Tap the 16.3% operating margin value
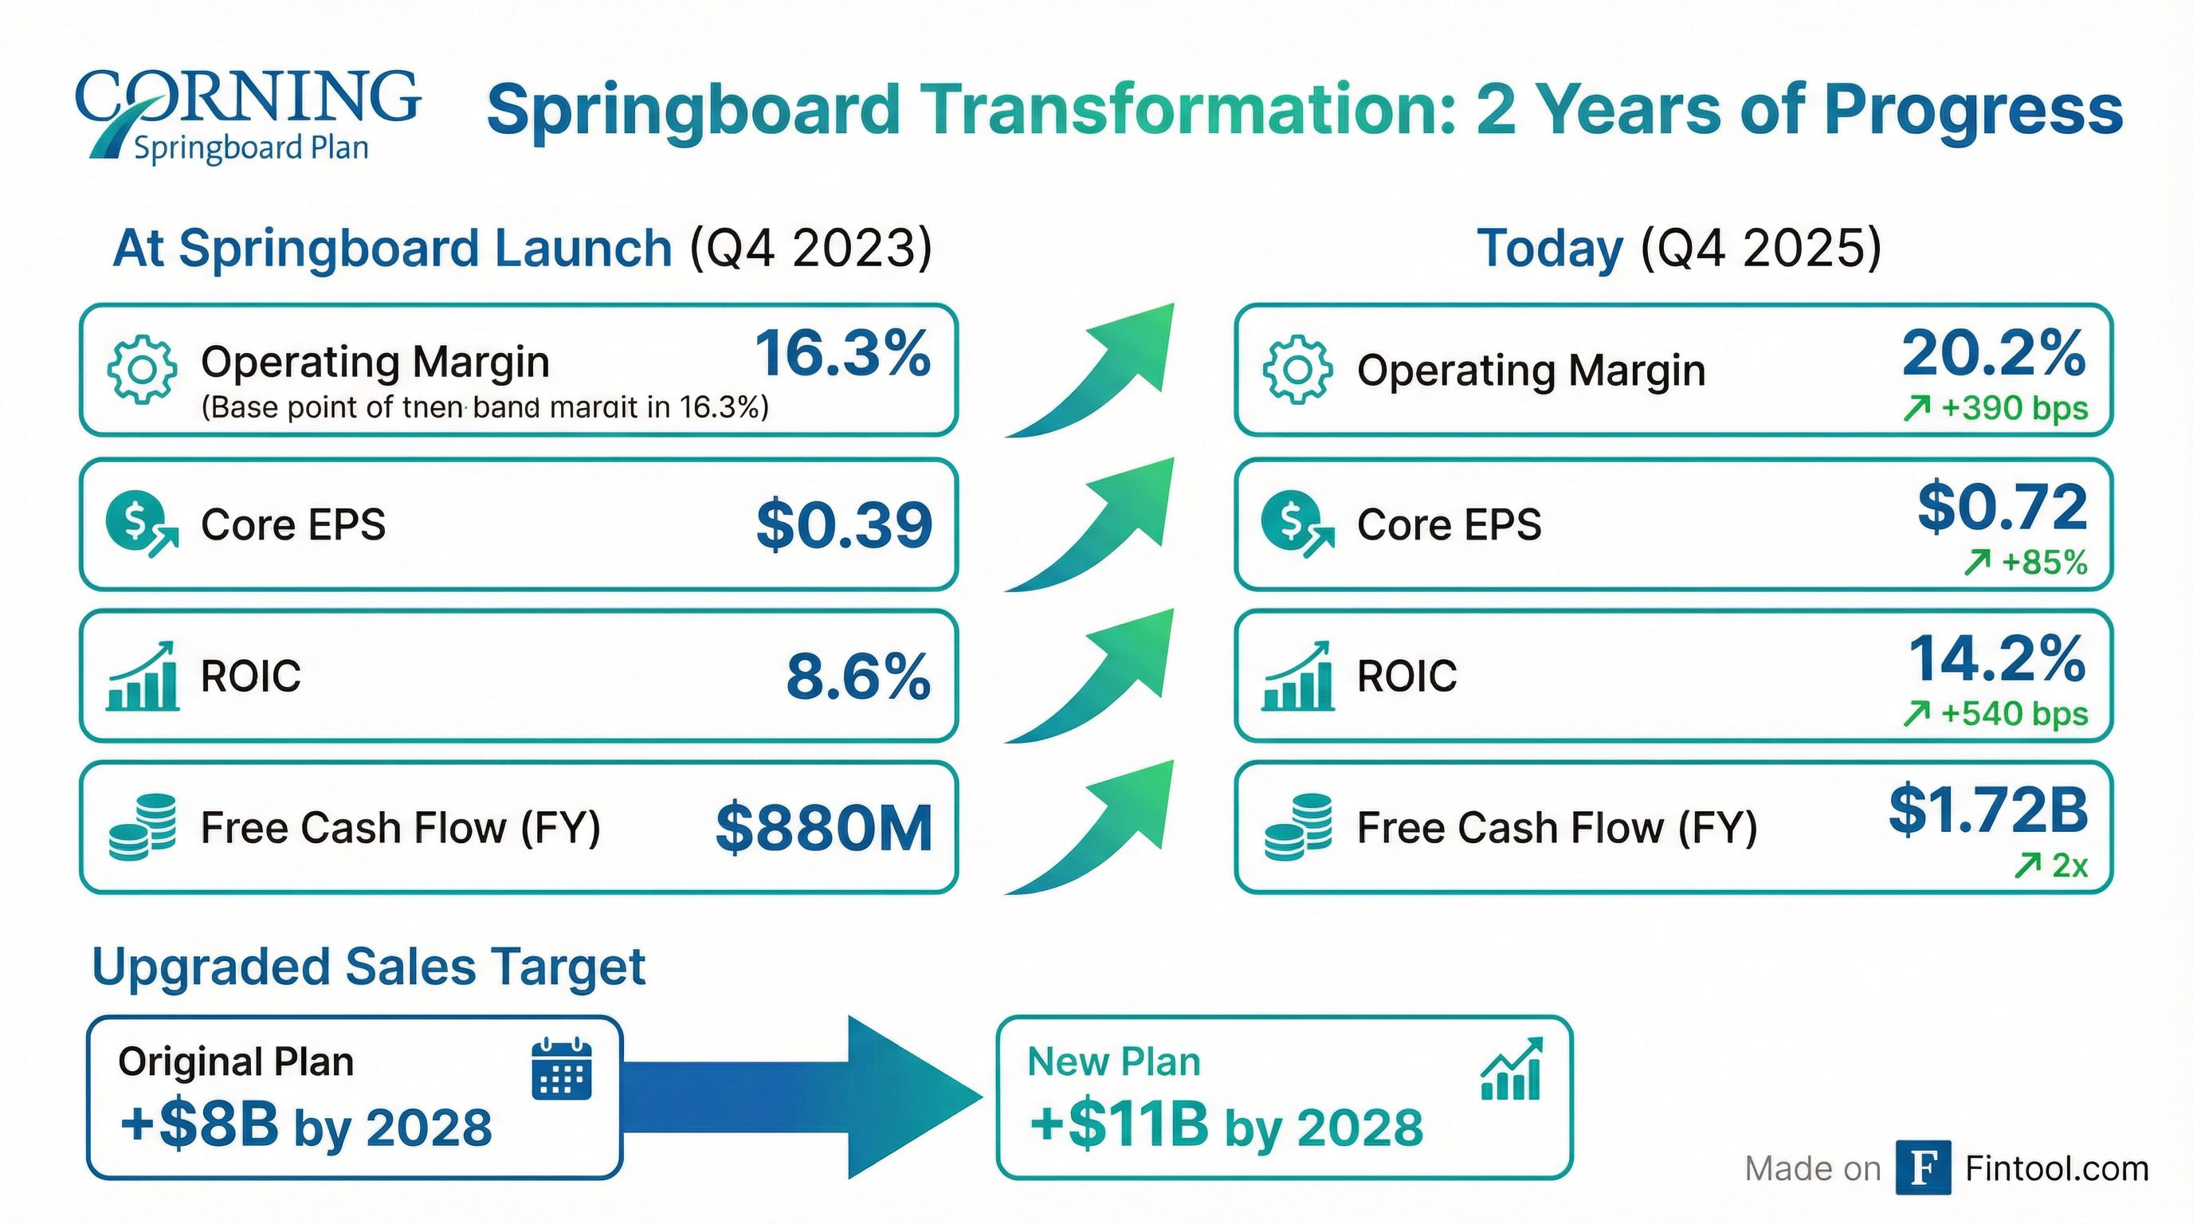[x=842, y=354]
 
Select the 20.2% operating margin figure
[x=1993, y=354]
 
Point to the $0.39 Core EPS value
[x=844, y=525]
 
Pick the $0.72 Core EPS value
[x=2002, y=508]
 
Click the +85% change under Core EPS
[x=2026, y=563]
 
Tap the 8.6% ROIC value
[x=857, y=677]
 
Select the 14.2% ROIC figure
[x=1996, y=659]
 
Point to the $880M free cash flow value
[x=823, y=829]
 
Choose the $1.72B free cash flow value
[x=1988, y=810]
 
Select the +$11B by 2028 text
[x=1226, y=1125]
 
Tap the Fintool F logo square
[x=1922, y=1168]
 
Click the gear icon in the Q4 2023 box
[x=142, y=370]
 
